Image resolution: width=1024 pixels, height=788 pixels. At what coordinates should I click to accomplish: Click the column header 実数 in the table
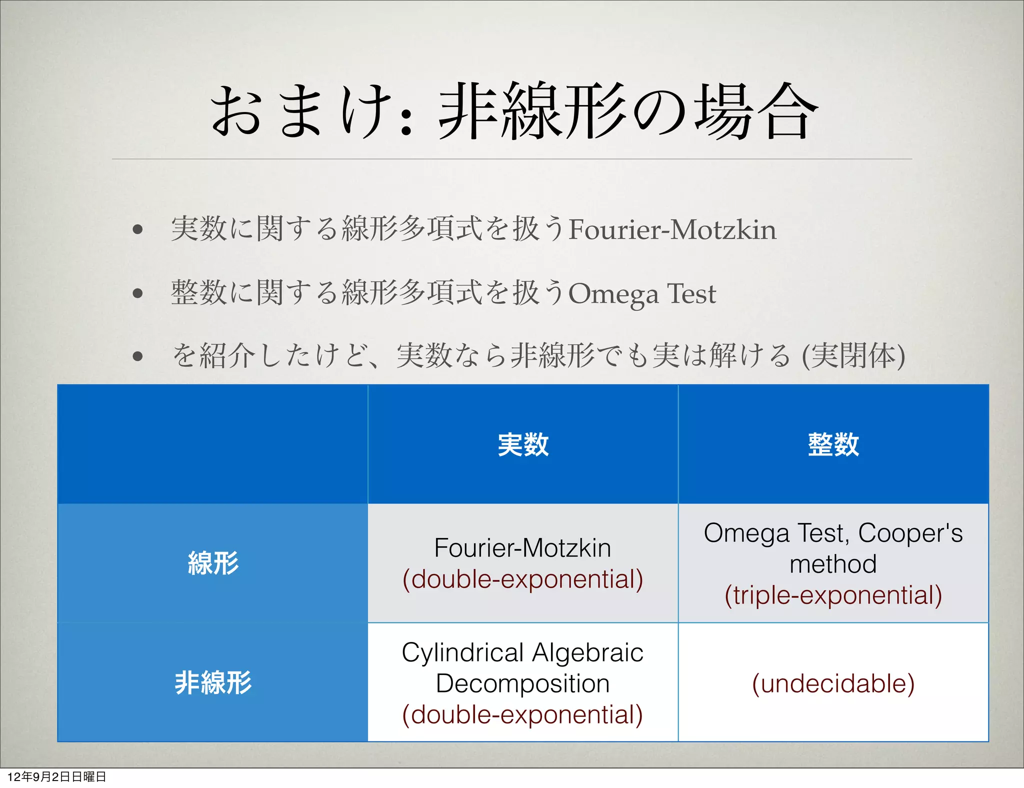(x=523, y=444)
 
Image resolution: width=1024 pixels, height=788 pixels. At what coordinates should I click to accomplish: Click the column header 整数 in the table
(x=833, y=444)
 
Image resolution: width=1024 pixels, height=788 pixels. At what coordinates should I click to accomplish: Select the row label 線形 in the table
(x=213, y=563)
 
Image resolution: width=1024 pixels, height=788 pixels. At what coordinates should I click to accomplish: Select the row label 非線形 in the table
(x=213, y=682)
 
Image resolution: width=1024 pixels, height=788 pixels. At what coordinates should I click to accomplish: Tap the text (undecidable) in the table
(x=833, y=683)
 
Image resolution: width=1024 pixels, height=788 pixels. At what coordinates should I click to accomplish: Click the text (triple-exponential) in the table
(x=833, y=595)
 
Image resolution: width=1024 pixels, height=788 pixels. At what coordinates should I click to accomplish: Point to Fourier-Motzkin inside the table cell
(x=522, y=548)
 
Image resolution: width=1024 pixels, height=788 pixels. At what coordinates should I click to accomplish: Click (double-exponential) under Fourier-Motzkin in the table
(x=522, y=579)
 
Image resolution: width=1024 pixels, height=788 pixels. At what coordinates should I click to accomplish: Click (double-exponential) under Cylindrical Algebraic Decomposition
(x=522, y=714)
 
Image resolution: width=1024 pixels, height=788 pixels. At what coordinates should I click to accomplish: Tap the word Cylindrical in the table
(x=462, y=653)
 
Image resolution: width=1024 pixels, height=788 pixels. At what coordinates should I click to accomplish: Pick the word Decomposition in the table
(x=522, y=683)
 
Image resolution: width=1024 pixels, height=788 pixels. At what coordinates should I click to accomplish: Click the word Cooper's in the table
(x=910, y=533)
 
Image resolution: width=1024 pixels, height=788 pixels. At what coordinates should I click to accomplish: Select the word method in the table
(x=833, y=564)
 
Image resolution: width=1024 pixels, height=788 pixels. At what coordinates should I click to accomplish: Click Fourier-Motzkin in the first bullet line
(x=672, y=230)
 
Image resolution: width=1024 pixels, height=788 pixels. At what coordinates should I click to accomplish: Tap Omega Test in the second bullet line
(x=642, y=293)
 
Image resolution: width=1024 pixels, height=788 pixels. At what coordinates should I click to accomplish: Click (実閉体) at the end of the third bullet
(x=853, y=356)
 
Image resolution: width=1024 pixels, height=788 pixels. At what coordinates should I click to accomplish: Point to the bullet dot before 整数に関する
(x=138, y=293)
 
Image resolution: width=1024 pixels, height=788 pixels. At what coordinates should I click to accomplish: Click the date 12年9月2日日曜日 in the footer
(x=56, y=777)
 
